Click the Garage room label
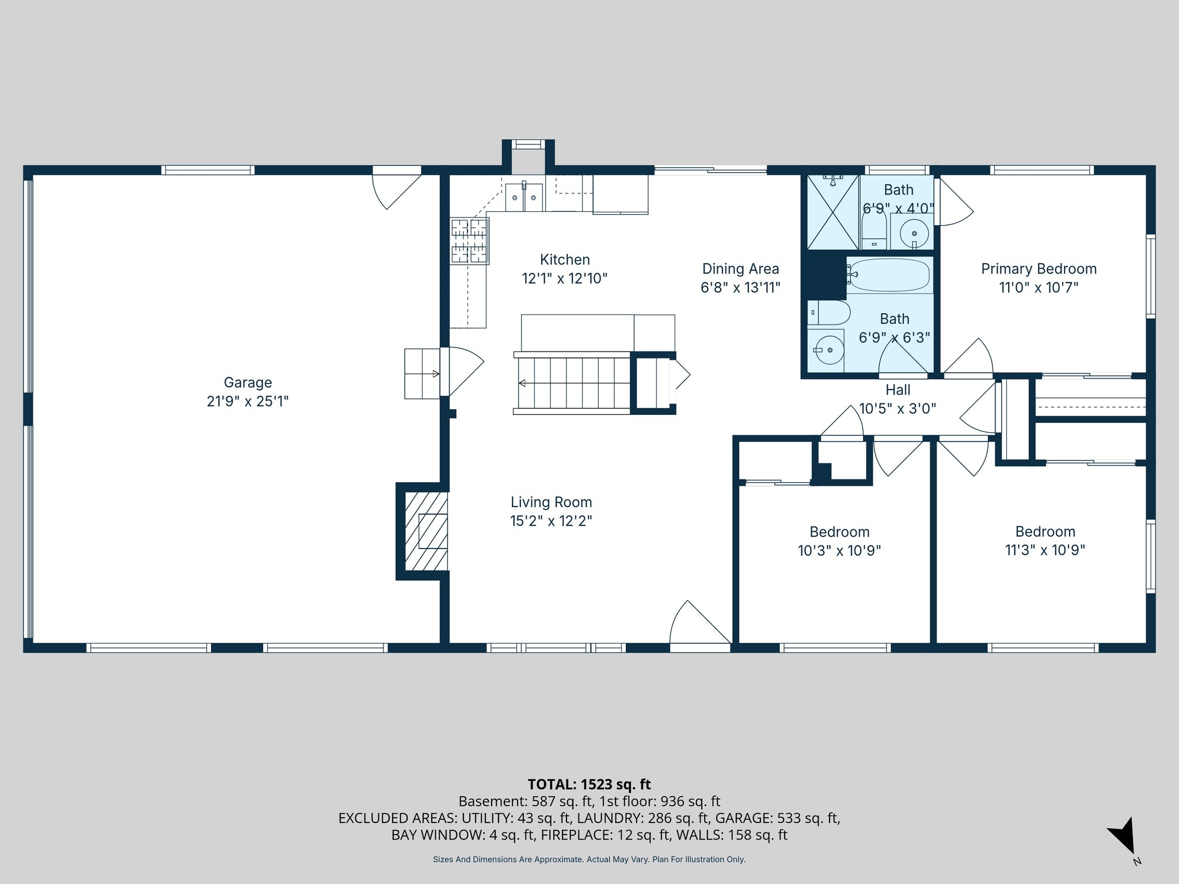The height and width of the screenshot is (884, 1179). point(248,383)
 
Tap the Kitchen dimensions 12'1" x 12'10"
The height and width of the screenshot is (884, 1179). point(564,279)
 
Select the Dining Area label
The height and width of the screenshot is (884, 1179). point(740,269)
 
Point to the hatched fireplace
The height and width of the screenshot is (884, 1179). point(426,531)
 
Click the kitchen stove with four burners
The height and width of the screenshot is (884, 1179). point(469,241)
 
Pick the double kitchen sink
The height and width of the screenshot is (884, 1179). point(524,197)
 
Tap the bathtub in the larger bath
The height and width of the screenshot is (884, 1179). point(889,275)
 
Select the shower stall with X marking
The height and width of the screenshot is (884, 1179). point(833,212)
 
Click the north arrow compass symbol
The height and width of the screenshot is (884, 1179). point(1123,835)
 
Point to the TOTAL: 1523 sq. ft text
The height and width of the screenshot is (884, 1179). point(589,784)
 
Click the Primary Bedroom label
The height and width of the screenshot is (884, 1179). point(1039,269)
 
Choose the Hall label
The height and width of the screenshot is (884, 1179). point(897,390)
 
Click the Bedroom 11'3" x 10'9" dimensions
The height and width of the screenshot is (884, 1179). point(1045,550)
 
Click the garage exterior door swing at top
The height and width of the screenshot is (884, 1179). point(395,187)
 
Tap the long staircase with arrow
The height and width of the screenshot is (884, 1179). point(573,383)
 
